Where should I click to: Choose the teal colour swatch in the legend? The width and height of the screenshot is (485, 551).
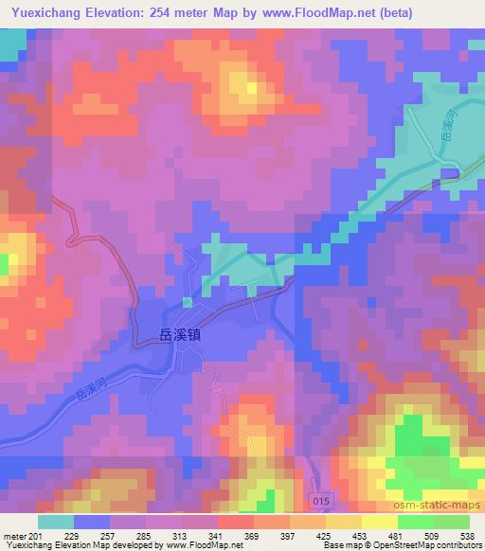[x=55, y=522]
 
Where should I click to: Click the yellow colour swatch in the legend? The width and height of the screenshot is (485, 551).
[x=379, y=522]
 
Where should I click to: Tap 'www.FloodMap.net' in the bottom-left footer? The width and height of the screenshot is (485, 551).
[x=204, y=545]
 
